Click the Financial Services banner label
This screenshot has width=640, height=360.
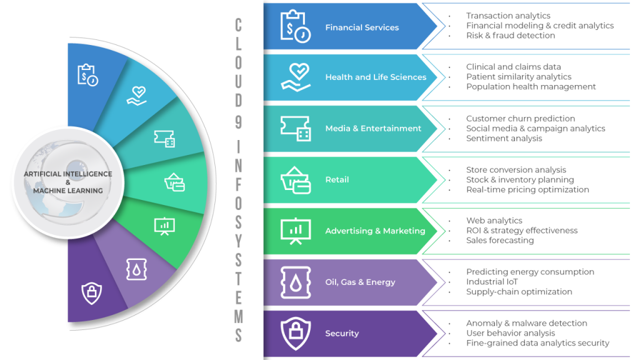point(362,27)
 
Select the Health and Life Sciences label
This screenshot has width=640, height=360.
point(376,77)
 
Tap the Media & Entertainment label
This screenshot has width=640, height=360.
point(373,129)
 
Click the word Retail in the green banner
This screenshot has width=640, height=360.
point(337,180)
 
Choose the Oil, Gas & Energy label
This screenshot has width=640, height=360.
point(360,282)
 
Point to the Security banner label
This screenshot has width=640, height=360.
point(342,334)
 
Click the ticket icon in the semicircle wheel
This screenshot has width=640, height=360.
point(164,138)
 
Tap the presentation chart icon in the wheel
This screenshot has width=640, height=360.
point(164,225)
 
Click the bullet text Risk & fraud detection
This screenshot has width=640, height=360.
point(511,36)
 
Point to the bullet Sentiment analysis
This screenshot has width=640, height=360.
point(504,139)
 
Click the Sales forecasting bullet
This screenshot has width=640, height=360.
point(500,241)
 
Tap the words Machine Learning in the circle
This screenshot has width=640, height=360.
point(67,191)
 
